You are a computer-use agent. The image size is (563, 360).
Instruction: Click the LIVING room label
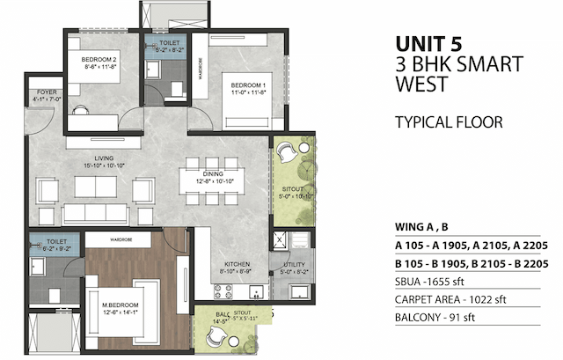pyautogui.click(x=106, y=159)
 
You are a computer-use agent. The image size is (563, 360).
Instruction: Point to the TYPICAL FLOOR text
pyautogui.click(x=449, y=122)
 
